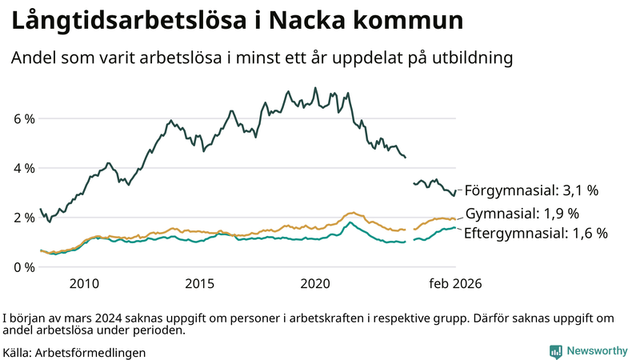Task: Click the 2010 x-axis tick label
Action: [84, 284]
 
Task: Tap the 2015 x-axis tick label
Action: [200, 284]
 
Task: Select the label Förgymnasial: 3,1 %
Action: [531, 190]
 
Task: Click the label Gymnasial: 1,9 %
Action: [522, 214]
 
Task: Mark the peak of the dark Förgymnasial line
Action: [315, 88]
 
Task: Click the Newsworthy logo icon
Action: [555, 351]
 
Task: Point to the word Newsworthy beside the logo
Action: [597, 351]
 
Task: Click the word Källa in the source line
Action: [18, 352]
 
